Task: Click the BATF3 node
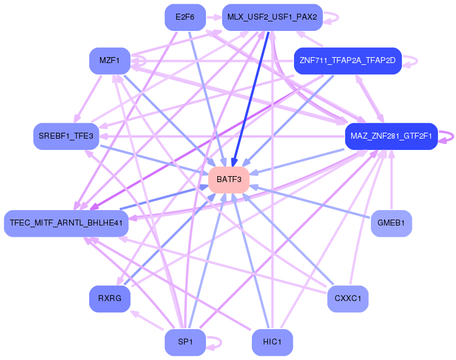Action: point(229,179)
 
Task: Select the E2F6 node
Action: point(185,17)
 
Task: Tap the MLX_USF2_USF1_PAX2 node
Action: point(272,17)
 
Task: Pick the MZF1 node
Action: point(110,61)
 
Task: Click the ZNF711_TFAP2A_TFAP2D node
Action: point(348,61)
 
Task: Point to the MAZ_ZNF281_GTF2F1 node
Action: point(391,136)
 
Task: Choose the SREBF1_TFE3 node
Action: point(66,136)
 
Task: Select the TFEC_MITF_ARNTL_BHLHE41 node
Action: point(66,223)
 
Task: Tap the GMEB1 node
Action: point(391,223)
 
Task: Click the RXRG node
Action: point(110,298)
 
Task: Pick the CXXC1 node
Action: point(348,298)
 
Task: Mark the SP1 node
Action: point(185,342)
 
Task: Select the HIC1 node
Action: point(272,342)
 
